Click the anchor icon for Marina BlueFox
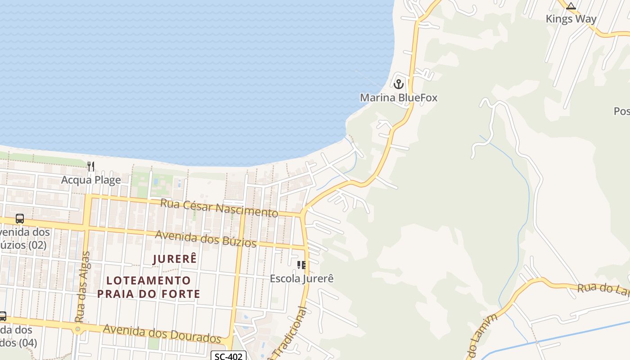(398, 84)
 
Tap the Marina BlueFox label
(398, 98)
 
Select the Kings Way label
(571, 19)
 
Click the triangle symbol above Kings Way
(571, 6)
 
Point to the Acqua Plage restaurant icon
(91, 166)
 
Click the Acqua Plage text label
(91, 180)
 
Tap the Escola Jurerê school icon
(301, 265)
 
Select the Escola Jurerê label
(301, 279)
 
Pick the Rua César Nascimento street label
(219, 207)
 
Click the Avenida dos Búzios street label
(206, 238)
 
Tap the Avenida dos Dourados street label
(162, 333)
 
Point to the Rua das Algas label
(82, 287)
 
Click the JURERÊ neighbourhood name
(175, 259)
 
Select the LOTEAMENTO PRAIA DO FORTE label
(148, 287)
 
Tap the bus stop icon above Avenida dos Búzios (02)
(20, 219)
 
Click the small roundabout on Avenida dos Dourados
(78, 329)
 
